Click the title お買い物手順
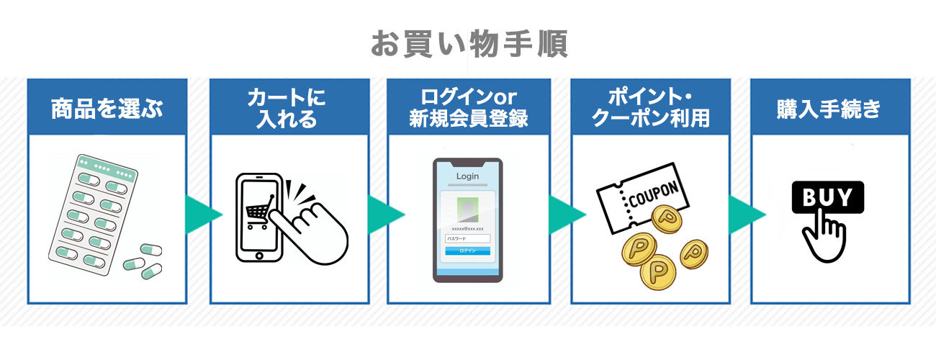point(469,44)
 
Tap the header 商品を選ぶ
point(107,109)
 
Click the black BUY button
point(827,197)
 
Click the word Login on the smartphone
point(467,176)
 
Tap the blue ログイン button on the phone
point(467,251)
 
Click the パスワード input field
point(467,238)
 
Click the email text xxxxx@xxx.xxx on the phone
point(467,228)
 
